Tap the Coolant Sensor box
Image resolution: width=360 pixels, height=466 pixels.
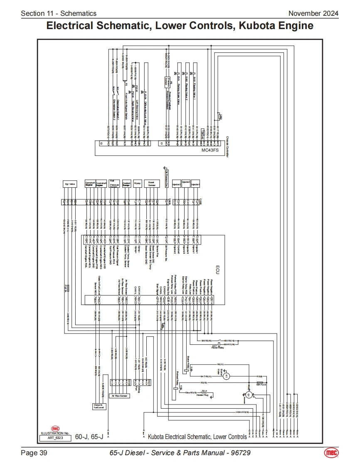(127, 183)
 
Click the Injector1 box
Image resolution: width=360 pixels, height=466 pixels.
(195, 183)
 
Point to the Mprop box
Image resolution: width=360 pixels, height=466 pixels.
(137, 183)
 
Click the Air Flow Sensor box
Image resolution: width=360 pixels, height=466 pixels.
(119, 396)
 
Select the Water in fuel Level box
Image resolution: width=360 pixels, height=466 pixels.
(98, 406)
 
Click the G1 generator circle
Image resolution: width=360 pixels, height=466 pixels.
(248, 394)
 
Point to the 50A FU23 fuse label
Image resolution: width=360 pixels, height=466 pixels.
(261, 385)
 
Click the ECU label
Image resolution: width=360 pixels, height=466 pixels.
(217, 268)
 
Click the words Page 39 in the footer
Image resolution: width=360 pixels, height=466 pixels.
(34, 453)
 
